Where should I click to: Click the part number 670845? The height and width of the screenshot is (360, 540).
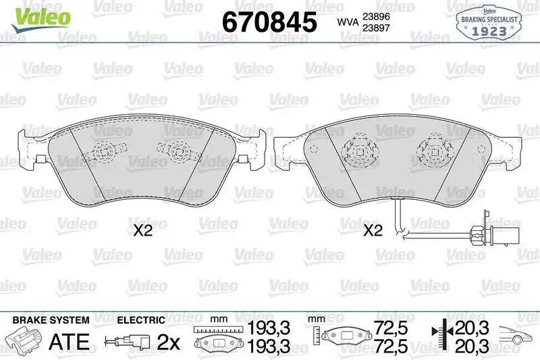click(x=269, y=22)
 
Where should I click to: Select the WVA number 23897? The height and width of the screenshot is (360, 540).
click(x=376, y=29)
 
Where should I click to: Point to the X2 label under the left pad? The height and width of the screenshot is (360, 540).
click(x=142, y=231)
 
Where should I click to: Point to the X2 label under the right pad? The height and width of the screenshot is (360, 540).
click(x=373, y=231)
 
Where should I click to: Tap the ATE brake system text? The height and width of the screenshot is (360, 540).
click(x=70, y=342)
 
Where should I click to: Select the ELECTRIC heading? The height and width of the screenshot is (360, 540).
click(x=140, y=319)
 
